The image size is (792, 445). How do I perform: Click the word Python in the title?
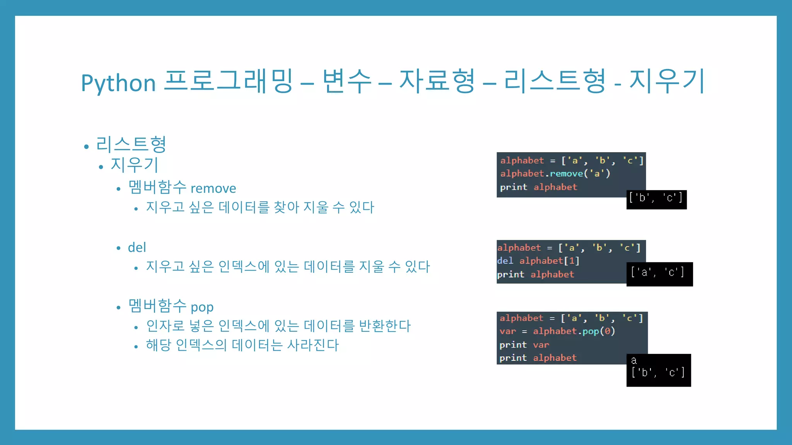[x=118, y=83]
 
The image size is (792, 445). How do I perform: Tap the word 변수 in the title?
[x=347, y=81]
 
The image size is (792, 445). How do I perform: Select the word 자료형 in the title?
[x=437, y=81]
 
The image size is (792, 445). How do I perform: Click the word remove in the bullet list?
[x=213, y=189]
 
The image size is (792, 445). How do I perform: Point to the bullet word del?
[x=137, y=247]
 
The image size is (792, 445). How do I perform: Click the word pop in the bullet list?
[x=202, y=307]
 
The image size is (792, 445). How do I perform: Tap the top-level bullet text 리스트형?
[x=131, y=144]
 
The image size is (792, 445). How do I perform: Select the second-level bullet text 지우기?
[x=134, y=165]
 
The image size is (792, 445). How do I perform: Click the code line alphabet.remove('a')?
[x=555, y=174]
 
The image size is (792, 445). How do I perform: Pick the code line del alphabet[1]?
[x=538, y=261]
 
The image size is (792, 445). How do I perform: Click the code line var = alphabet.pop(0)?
[x=557, y=331]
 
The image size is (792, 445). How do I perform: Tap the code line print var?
[x=524, y=345]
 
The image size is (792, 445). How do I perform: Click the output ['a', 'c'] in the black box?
[x=657, y=272]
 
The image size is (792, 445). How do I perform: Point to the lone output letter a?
[x=634, y=361]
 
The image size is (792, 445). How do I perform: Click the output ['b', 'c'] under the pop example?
[x=658, y=372]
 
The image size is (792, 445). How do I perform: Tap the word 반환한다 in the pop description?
[x=385, y=326]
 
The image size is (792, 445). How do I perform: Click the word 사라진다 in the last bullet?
[x=313, y=345]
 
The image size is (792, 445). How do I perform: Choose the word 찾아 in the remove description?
[x=286, y=207]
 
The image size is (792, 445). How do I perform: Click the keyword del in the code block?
[x=505, y=261]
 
